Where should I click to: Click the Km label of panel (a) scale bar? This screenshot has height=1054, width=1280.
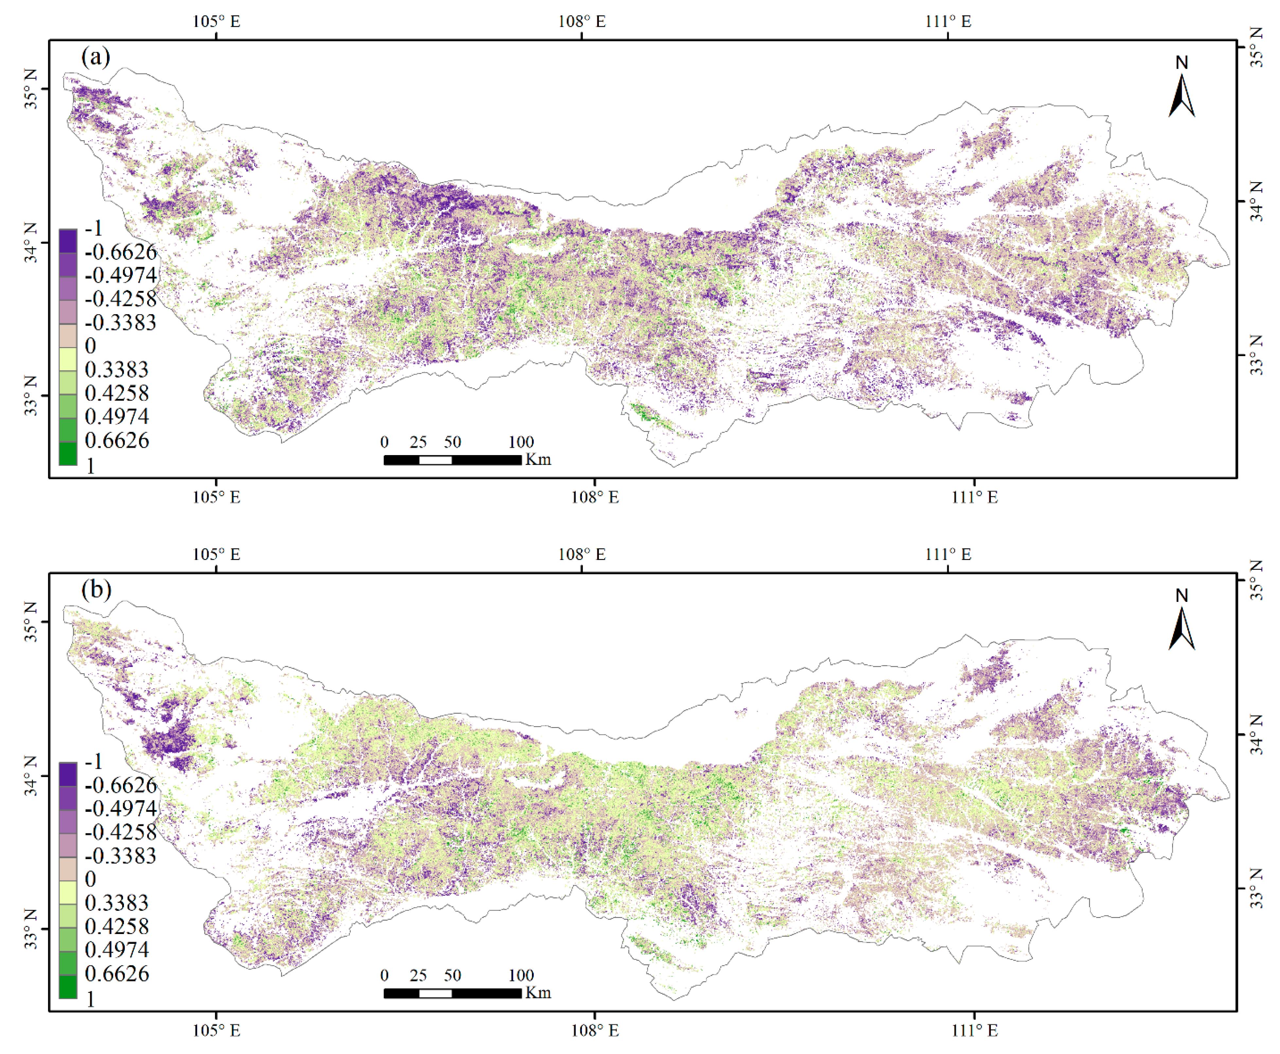(x=538, y=460)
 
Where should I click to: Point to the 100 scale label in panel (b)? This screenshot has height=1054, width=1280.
(x=521, y=975)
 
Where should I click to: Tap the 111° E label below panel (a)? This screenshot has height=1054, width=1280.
(x=974, y=497)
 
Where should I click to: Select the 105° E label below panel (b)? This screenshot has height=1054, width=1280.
(x=216, y=1030)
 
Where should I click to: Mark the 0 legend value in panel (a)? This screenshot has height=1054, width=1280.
(x=90, y=346)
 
